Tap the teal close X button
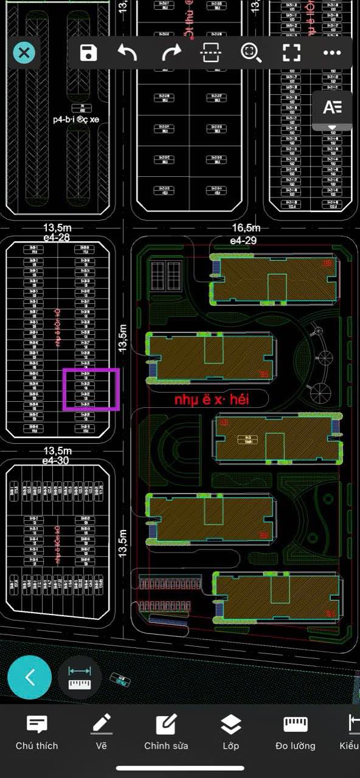[x=24, y=53]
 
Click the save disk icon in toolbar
[x=89, y=53]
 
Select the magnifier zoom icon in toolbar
[x=251, y=53]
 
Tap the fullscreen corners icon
[x=292, y=53]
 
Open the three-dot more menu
[x=332, y=53]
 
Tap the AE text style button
[x=333, y=108]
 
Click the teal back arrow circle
[x=29, y=677]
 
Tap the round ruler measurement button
[x=79, y=677]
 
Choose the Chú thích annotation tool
[x=37, y=732]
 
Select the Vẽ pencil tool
[x=102, y=732]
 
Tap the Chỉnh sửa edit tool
[x=166, y=732]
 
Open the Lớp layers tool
[x=230, y=732]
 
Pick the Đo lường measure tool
[x=295, y=732]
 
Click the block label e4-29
[x=243, y=241]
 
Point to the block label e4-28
[x=56, y=237]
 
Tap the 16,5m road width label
[x=246, y=228]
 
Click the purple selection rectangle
[x=91, y=389]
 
